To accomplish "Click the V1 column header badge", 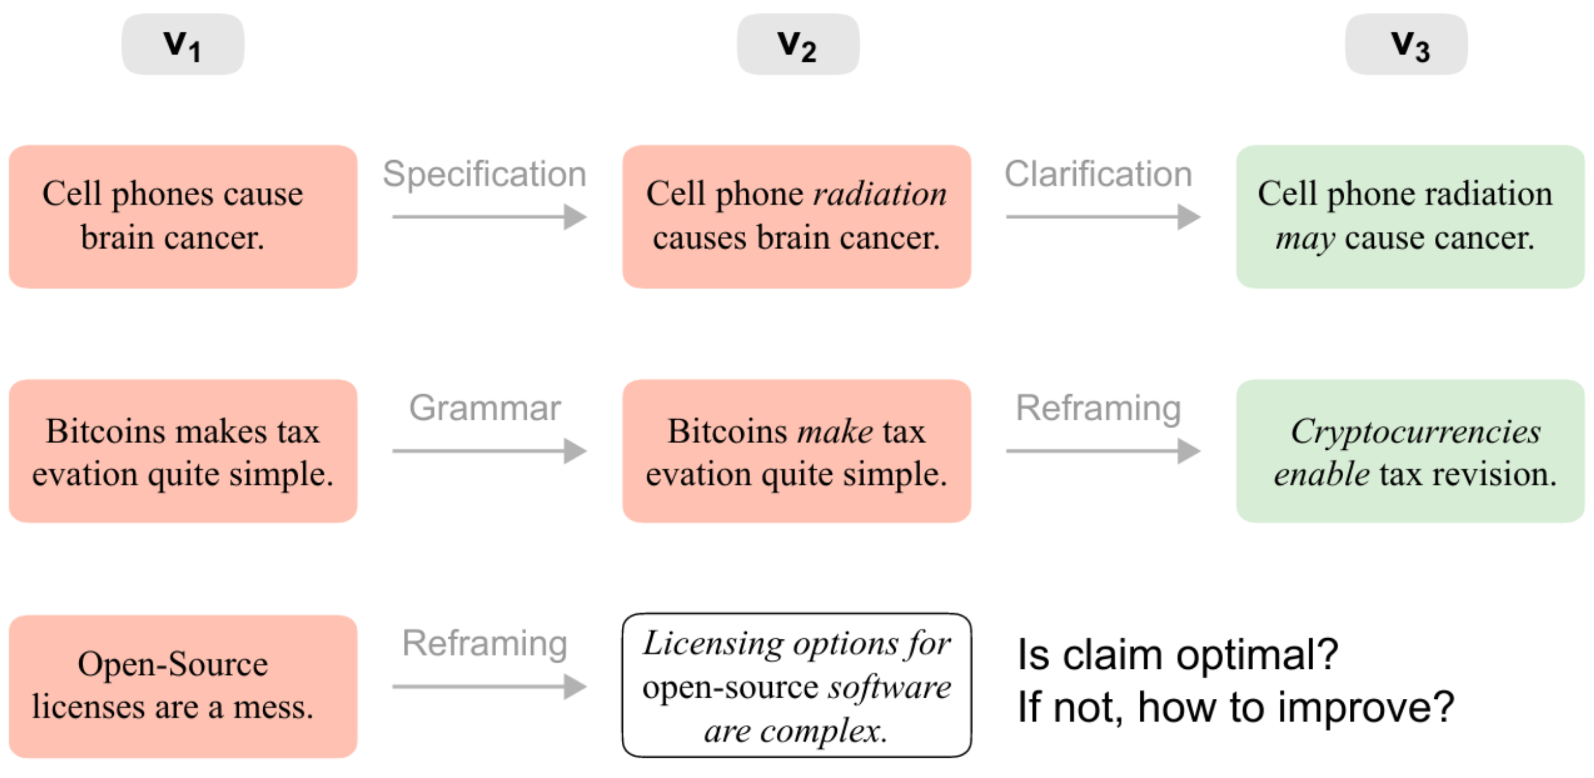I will (182, 45).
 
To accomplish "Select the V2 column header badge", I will (798, 45).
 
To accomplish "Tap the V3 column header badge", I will (1406, 45).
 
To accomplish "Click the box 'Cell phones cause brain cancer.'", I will (182, 217).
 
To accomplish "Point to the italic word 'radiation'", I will (880, 194).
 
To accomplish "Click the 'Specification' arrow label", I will (485, 174).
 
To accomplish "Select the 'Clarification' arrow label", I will (1099, 174).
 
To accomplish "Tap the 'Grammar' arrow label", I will (485, 408).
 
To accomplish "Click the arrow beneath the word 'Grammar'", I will (489, 451).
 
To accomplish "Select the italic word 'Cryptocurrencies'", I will (1415, 431).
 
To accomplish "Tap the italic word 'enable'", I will (1321, 474).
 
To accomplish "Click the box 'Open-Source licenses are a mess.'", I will (182, 686).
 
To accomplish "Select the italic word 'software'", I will (890, 687).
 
